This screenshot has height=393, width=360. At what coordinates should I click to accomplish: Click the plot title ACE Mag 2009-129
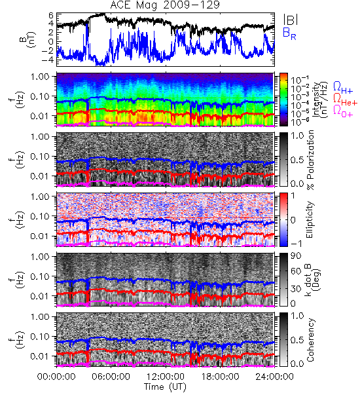click(x=165, y=5)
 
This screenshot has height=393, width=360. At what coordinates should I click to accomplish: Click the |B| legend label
click(x=291, y=20)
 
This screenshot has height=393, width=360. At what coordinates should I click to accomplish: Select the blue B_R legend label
click(x=289, y=33)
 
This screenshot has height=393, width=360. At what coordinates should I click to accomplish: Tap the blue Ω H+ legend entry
click(x=343, y=88)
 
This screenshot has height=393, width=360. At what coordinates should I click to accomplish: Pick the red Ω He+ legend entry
click(x=345, y=100)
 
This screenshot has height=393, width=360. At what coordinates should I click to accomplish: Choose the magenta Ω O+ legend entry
click(x=343, y=111)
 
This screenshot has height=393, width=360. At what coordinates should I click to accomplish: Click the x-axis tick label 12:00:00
click(x=166, y=377)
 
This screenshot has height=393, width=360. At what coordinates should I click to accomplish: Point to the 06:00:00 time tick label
click(x=111, y=377)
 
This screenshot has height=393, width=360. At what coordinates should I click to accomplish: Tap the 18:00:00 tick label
click(x=220, y=377)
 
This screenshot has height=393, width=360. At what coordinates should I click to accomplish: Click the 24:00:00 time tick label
click(x=274, y=377)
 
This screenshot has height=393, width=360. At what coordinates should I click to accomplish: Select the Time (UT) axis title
click(x=165, y=387)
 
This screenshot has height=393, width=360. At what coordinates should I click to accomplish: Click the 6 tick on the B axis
click(x=51, y=16)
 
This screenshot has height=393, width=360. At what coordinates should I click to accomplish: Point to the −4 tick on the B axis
click(x=48, y=60)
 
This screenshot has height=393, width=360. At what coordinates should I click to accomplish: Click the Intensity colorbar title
click(x=321, y=100)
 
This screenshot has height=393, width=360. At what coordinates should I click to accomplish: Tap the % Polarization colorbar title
click(x=311, y=160)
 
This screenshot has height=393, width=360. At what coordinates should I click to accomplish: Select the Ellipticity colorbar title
click(x=310, y=220)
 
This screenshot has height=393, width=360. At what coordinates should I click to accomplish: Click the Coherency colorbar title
click(x=310, y=340)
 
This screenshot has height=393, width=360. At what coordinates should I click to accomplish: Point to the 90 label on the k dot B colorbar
click(x=296, y=256)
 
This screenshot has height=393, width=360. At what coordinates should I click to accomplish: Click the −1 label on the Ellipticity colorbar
click(x=296, y=244)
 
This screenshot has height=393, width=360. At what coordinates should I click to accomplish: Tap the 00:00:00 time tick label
click(x=56, y=377)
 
